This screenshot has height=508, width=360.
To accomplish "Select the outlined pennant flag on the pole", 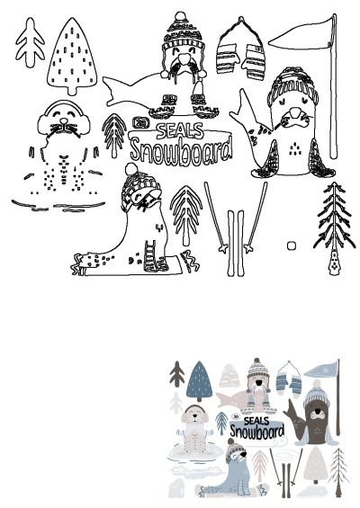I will [x=301, y=34].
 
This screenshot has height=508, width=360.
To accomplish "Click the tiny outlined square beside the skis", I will [x=292, y=245].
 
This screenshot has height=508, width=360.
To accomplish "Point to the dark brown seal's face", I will [x=315, y=414].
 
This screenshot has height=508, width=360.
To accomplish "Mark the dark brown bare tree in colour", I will [x=176, y=372].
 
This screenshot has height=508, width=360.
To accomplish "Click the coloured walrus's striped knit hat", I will [x=258, y=370].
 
